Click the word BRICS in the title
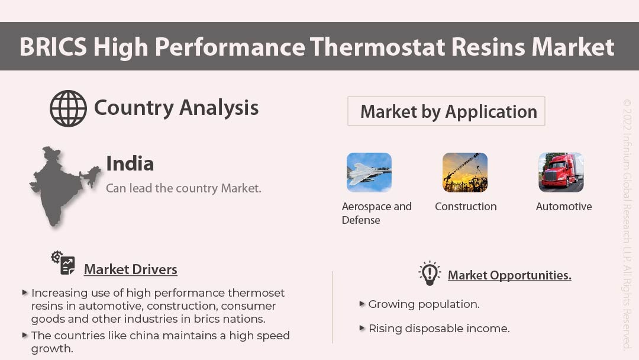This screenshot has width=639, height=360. [x=52, y=47]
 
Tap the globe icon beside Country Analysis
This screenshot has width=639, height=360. [x=68, y=108]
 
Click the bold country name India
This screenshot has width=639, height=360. [x=130, y=163]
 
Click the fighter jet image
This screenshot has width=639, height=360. [x=369, y=172]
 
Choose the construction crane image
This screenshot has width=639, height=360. [x=465, y=172]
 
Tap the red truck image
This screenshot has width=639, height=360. [x=561, y=172]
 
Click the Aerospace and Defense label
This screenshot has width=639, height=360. [x=376, y=213]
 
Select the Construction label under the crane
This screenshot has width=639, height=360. [x=466, y=207]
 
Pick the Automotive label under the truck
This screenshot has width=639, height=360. [x=563, y=207]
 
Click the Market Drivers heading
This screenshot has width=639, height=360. [x=130, y=269]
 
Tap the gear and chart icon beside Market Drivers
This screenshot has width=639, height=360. [x=63, y=262]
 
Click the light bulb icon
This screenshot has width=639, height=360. [x=430, y=273]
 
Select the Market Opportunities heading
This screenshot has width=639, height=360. [x=509, y=275]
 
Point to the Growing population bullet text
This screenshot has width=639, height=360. [x=424, y=304]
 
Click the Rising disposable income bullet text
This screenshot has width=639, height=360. [x=438, y=329]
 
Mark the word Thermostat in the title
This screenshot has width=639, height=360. [x=376, y=47]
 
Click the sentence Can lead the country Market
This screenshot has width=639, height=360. [x=183, y=188]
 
